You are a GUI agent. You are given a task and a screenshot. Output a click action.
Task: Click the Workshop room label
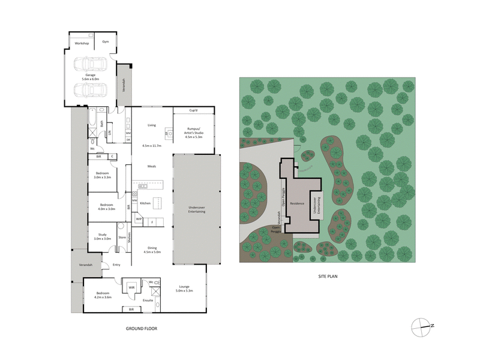click(82, 44)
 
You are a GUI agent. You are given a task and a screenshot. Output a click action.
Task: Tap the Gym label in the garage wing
click(105, 42)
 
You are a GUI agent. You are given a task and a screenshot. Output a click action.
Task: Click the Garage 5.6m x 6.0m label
click(90, 76)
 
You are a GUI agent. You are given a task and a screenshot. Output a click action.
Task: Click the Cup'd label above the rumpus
click(193, 111)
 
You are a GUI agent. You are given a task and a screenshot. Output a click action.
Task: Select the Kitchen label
click(145, 203)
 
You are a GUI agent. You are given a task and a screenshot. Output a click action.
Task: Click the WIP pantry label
click(139, 219)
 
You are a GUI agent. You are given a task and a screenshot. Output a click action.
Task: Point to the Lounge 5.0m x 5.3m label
click(184, 289)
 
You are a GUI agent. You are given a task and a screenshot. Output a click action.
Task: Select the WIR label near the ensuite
click(131, 288)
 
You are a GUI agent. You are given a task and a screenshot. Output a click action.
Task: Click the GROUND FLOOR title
click(142, 329)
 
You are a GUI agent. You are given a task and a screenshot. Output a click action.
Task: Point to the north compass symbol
click(422, 326)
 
